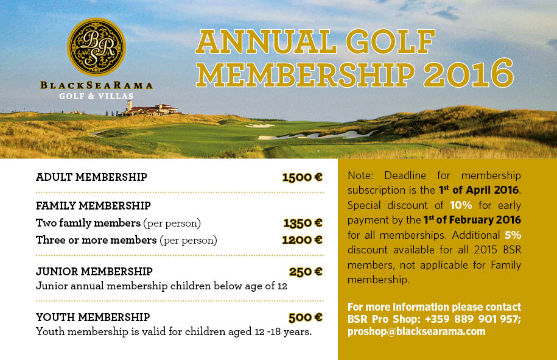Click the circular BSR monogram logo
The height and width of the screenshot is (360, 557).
(96, 46)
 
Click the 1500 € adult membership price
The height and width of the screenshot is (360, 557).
(302, 177)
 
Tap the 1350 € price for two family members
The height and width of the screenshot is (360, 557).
(303, 223)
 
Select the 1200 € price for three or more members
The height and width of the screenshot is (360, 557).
(302, 240)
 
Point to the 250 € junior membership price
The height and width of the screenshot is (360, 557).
(306, 272)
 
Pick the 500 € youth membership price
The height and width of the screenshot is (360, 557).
(306, 317)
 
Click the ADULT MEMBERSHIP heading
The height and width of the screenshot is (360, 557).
(91, 177)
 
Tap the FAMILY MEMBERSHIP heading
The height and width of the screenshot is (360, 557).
(93, 206)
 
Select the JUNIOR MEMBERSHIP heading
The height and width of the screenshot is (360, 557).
(94, 272)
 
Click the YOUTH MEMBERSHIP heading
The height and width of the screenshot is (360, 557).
(93, 317)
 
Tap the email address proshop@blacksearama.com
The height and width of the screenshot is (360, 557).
(416, 331)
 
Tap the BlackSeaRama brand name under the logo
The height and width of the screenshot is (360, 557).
(96, 85)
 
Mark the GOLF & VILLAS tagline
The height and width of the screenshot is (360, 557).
(96, 96)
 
